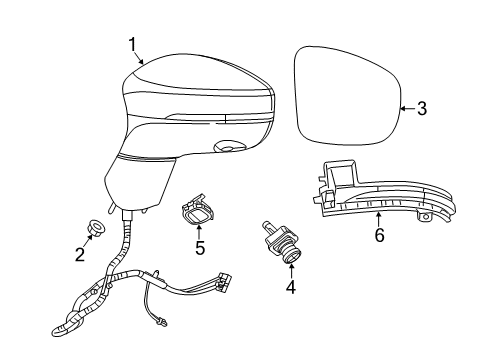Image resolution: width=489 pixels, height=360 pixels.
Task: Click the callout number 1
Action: point(131,44)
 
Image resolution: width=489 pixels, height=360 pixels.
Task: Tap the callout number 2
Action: point(80,254)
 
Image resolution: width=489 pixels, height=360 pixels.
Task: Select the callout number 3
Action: point(421,108)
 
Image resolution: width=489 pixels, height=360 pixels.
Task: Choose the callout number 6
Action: point(379,236)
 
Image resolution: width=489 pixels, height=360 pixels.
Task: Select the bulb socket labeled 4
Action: point(283,244)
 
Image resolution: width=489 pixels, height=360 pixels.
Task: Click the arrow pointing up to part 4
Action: point(290,269)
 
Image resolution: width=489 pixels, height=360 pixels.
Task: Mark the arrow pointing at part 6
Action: point(379,218)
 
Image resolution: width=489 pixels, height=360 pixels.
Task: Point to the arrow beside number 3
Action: point(405,108)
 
